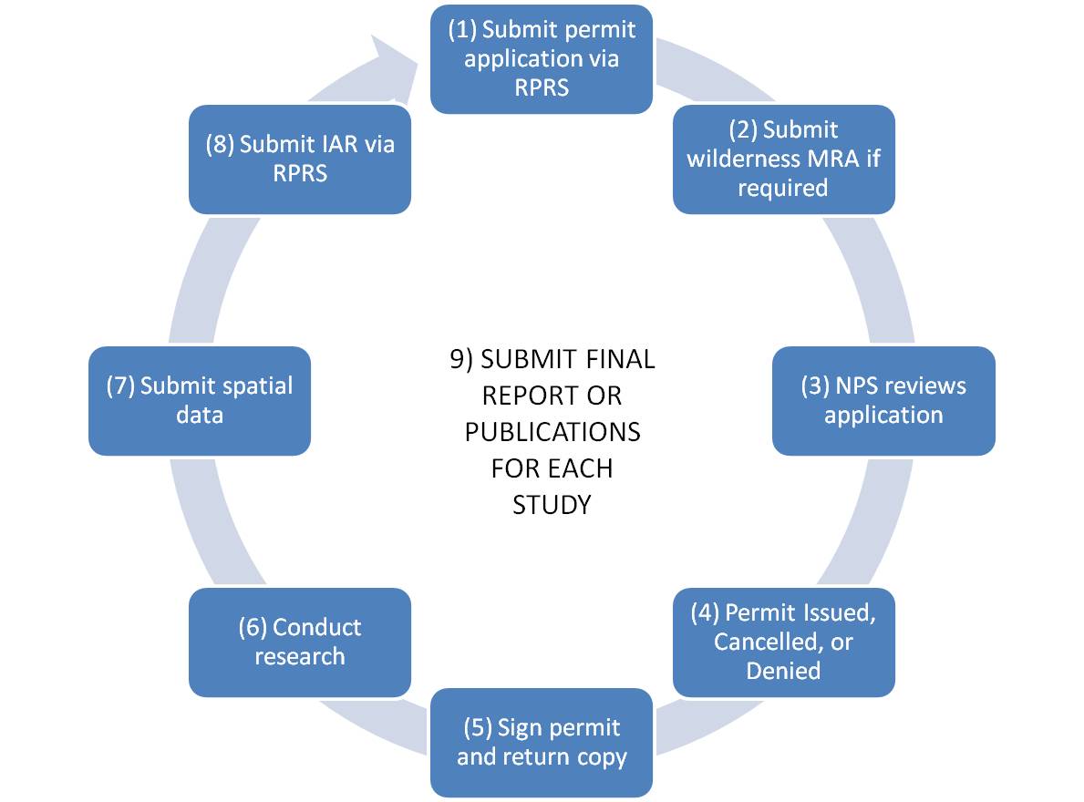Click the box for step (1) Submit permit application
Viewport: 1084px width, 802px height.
pos(541,58)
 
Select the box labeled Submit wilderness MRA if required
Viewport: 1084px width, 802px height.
pos(783,159)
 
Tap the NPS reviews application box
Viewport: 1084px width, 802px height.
pos(883,400)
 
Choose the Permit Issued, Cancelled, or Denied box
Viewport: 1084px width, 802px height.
pos(783,642)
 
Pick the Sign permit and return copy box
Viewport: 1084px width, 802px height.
pos(541,742)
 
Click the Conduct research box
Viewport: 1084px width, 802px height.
pos(299,642)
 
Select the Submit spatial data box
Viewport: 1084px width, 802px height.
pos(199,400)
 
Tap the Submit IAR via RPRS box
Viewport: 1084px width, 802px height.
pos(299,159)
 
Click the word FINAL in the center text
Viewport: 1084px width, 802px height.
pos(619,359)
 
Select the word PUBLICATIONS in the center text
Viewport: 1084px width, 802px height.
pos(552,431)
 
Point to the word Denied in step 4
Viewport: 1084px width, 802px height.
pos(783,671)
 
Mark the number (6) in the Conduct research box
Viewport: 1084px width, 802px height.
pos(253,627)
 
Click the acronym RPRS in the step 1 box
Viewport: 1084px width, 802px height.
pos(541,87)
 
